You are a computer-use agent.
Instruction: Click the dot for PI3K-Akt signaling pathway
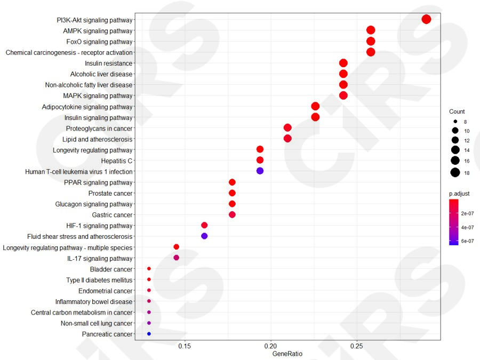point(426,19)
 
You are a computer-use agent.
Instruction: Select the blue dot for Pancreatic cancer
point(149,334)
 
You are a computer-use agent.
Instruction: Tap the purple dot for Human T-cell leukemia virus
point(260,171)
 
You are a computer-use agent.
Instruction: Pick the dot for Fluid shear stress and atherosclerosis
point(204,236)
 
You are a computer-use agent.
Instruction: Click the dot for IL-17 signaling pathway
point(177,258)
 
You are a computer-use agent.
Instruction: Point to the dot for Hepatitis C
point(260,160)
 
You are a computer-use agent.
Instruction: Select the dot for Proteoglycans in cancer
point(287,128)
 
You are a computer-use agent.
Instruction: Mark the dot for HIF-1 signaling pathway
point(204,226)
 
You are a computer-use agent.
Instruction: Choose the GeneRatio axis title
point(287,354)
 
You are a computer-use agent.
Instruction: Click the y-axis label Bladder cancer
point(111,269)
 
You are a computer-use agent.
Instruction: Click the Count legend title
point(457,112)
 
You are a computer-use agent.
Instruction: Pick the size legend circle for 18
point(455,172)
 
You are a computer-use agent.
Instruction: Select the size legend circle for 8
point(455,122)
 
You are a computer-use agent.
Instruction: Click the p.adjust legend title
point(459,193)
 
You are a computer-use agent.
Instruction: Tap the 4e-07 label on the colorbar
point(468,227)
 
